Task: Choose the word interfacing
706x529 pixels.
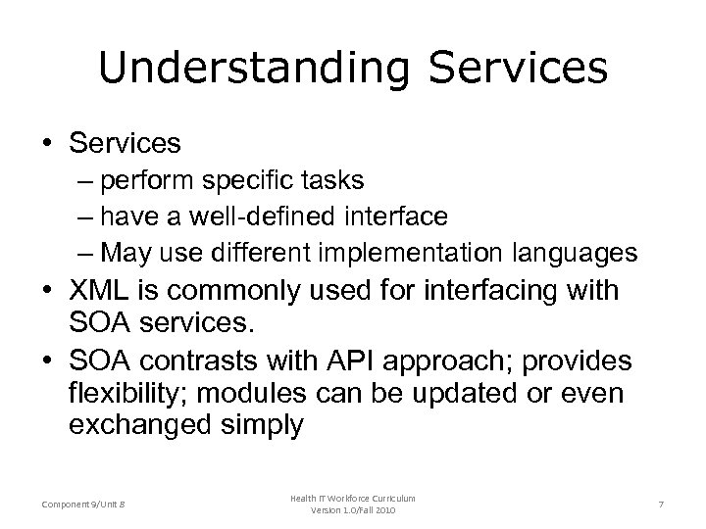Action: coord(446,292)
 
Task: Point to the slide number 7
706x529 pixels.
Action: coord(661,504)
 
